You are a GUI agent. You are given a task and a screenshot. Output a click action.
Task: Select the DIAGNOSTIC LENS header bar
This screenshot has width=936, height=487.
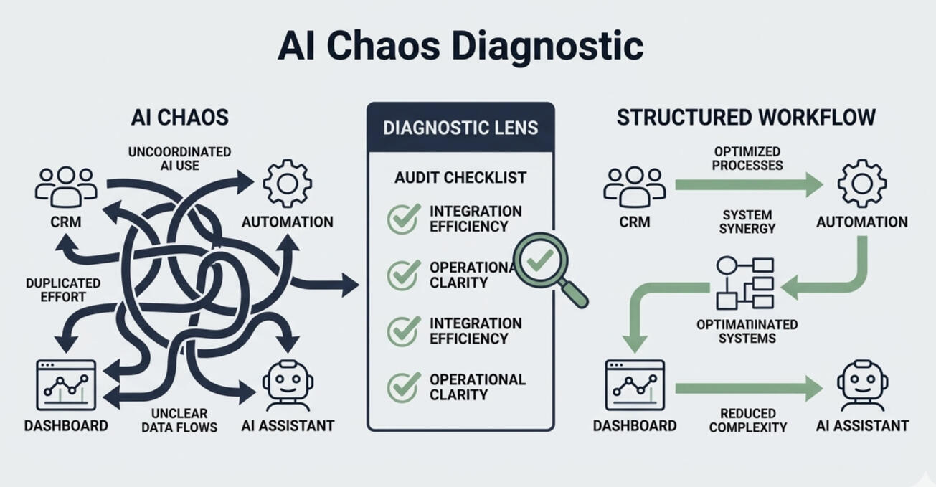coord(460,128)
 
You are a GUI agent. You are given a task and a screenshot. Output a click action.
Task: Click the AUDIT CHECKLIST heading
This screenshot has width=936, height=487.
coord(460,177)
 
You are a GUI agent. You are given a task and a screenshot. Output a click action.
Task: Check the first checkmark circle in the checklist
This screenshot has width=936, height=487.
coord(403,219)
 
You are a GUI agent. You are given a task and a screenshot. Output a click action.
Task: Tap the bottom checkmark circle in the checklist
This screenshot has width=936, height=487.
coord(403,387)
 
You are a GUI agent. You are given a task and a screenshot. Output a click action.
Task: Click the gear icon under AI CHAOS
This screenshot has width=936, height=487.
coord(287,184)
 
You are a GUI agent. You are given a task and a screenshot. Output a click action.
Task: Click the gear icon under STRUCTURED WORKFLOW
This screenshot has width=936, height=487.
coord(861,184)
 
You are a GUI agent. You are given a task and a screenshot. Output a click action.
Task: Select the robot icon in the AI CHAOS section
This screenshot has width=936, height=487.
coord(287,384)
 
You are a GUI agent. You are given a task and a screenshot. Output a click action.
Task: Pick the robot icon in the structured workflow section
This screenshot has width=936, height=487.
coord(861,384)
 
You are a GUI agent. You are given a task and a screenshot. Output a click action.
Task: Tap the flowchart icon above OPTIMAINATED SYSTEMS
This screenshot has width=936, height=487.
coord(746,283)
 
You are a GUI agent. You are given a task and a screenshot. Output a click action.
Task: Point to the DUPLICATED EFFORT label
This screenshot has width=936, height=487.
coord(63,290)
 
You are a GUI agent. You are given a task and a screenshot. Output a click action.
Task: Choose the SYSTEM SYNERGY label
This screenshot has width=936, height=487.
coord(747,222)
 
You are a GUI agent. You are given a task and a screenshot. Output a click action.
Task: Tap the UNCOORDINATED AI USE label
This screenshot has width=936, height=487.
coord(179,159)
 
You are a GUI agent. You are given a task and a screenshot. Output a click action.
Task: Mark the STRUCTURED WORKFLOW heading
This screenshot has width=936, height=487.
coord(746,117)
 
